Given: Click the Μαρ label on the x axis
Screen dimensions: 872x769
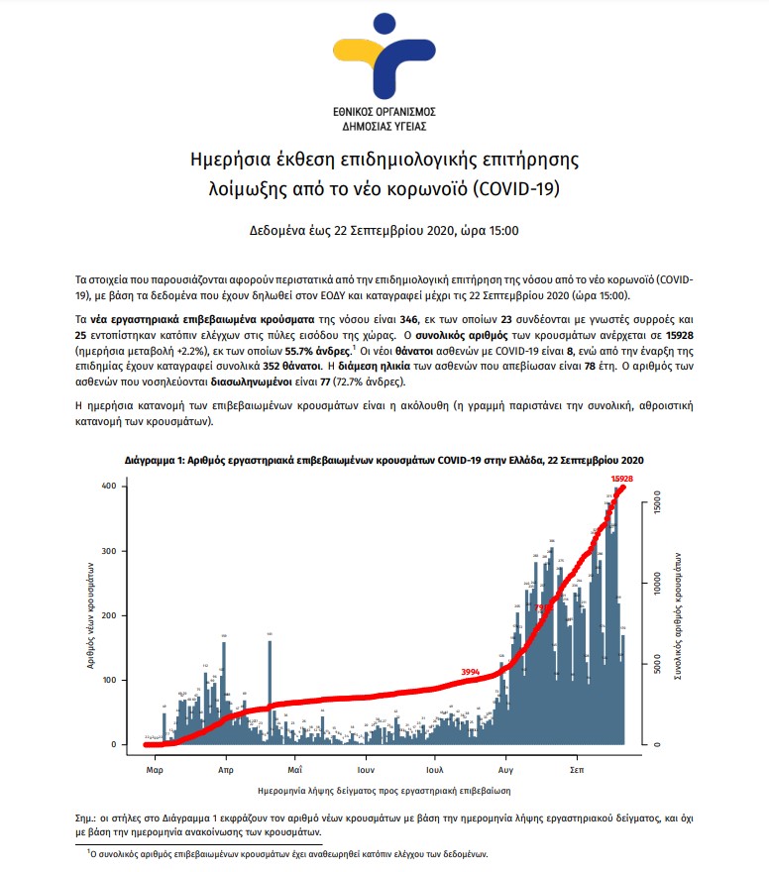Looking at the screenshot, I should click(154, 768).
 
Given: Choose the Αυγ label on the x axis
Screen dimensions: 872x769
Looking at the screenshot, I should click(505, 768).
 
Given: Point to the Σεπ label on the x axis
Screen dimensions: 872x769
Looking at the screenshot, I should click(576, 768).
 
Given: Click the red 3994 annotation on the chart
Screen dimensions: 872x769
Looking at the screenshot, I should click(471, 672).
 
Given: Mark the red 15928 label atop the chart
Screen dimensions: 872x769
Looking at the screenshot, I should click(622, 479).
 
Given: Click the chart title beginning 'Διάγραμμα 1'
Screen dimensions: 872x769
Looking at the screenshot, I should click(384, 461).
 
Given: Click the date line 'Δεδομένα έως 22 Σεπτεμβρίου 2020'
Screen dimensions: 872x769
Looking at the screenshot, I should click(384, 231).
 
